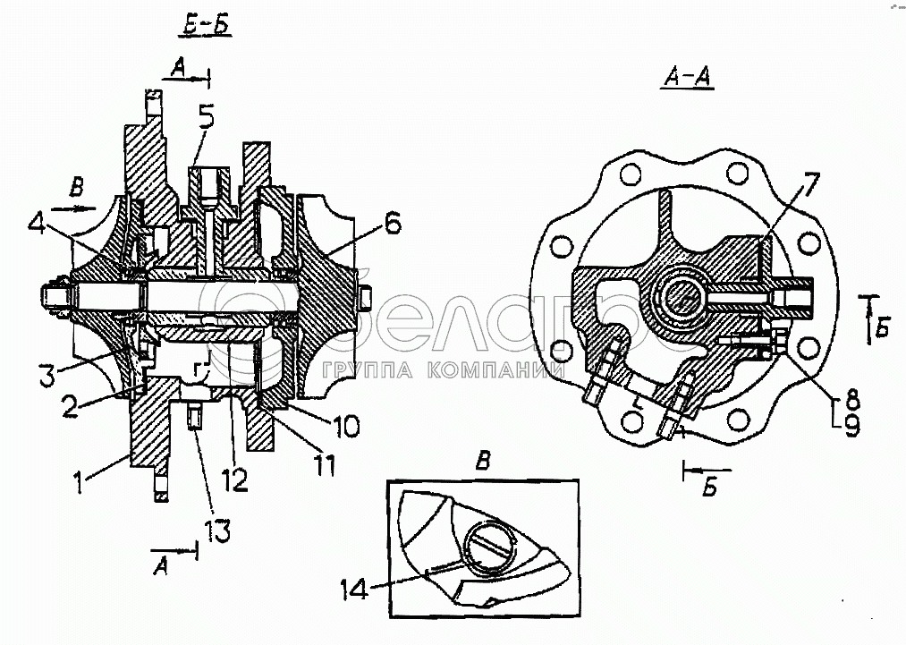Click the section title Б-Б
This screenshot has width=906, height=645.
click(204, 27)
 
